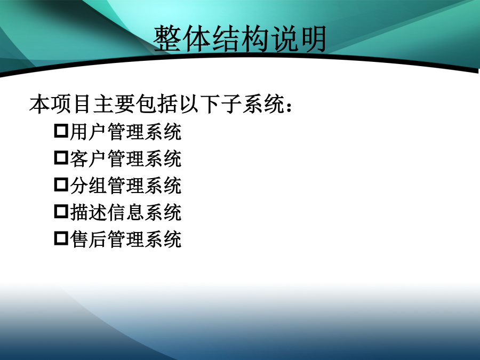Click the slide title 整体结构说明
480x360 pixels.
coord(240,39)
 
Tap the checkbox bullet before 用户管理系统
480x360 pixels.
coord(61,131)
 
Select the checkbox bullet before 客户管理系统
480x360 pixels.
coord(61,157)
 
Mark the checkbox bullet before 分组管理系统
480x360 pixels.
coord(61,185)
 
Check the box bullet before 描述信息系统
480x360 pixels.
coord(61,211)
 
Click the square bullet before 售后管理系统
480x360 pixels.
coord(61,238)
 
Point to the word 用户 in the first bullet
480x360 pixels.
coord(89,132)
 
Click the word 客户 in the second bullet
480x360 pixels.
coord(89,159)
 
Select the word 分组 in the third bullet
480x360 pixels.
coord(89,186)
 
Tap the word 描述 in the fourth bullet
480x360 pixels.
coord(89,213)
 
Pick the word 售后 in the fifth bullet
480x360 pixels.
coord(89,239)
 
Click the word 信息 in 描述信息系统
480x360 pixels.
coord(126,213)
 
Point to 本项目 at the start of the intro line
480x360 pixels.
coord(60,104)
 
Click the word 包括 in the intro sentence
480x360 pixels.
coord(157,104)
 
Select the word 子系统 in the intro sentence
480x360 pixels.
coord(253,104)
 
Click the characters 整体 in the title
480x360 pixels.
coord(182,39)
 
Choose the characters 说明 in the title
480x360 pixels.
coord(298,39)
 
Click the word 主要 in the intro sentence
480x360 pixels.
coord(114,104)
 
